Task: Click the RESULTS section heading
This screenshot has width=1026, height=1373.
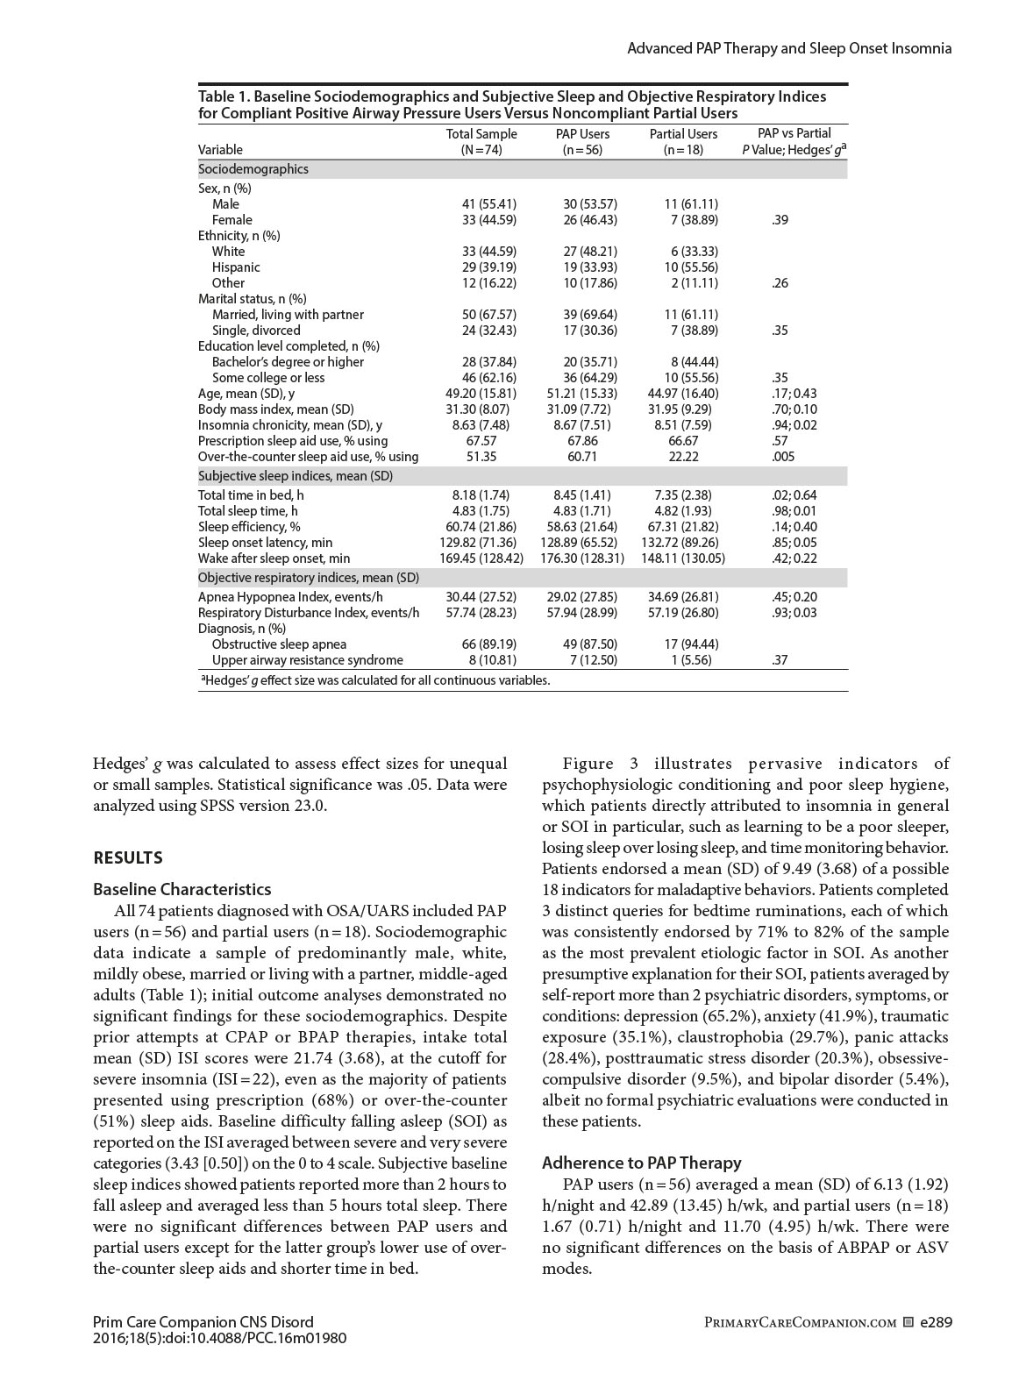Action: (x=128, y=857)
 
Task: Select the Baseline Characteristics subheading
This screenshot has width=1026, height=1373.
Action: (x=182, y=889)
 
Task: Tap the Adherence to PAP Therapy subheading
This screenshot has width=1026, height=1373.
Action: (x=641, y=1163)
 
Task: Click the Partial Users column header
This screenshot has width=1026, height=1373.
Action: (x=683, y=142)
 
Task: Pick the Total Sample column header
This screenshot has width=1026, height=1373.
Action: (x=481, y=142)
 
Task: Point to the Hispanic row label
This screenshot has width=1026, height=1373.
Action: (x=236, y=267)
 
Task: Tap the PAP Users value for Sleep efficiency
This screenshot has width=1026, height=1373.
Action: (x=582, y=527)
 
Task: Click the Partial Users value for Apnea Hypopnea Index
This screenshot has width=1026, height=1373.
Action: (x=683, y=597)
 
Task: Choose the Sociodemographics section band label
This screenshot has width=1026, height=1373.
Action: (x=253, y=169)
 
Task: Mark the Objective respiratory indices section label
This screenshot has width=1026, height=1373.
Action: (x=309, y=578)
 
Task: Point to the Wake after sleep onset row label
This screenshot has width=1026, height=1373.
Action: (x=274, y=558)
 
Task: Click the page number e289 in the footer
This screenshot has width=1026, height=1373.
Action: (x=936, y=1322)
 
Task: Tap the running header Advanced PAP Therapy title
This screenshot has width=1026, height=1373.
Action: (x=789, y=49)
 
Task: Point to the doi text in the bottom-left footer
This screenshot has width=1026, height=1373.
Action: (x=219, y=1338)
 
